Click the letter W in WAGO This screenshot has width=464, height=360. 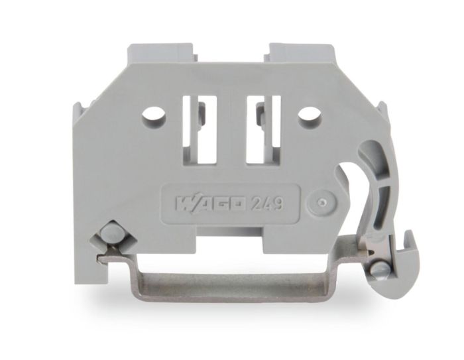tap(180, 202)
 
